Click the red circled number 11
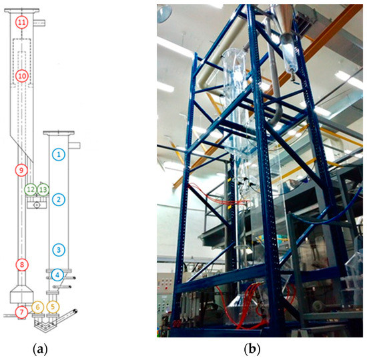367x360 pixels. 22,23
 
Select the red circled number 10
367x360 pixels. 22,75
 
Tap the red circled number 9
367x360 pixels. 22,170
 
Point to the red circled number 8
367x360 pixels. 22,265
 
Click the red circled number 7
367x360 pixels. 22,311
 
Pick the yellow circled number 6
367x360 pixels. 38,307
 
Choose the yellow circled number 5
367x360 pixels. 53,307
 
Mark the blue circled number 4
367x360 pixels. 59,274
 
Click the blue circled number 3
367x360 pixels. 59,249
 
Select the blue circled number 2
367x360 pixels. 59,199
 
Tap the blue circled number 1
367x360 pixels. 59,153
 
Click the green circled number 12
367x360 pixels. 31,189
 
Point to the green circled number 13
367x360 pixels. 43,189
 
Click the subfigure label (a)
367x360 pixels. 40,347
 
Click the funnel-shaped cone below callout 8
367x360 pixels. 22,293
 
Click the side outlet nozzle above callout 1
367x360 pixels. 75,145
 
